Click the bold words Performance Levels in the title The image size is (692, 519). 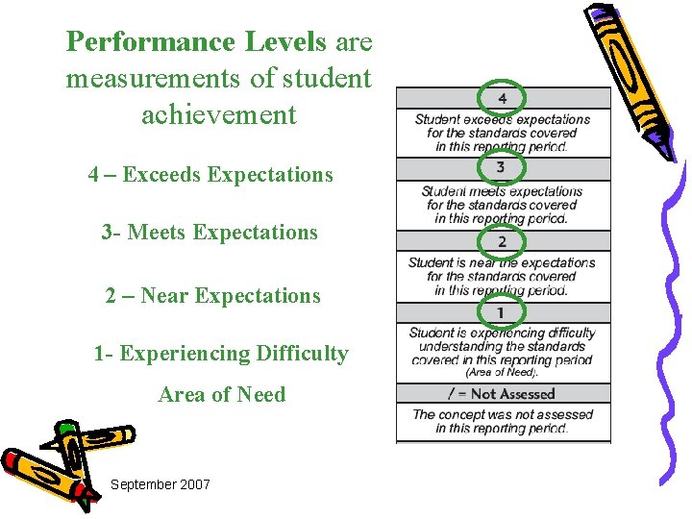click(x=198, y=42)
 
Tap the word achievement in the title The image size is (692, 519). click(x=219, y=115)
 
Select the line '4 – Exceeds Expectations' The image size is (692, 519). click(x=210, y=175)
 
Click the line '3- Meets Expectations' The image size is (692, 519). click(x=210, y=233)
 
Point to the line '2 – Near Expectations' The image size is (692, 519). click(x=212, y=296)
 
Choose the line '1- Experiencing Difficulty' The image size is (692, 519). click(x=221, y=354)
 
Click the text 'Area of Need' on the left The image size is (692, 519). click(x=222, y=395)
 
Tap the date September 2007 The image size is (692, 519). click(x=160, y=484)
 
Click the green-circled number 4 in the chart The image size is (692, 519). click(x=503, y=98)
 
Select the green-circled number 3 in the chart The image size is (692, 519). click(x=501, y=168)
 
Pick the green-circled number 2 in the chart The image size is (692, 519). click(x=502, y=241)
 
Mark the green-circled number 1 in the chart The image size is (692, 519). click(x=500, y=312)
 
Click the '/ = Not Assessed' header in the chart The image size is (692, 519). click(x=502, y=394)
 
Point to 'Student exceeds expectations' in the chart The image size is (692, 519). click(x=503, y=119)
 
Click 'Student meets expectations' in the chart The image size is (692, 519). click(x=503, y=191)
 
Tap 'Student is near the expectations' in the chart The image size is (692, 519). click(x=502, y=262)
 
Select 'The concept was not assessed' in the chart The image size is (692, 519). click(x=503, y=414)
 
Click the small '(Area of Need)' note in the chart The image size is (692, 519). click(x=502, y=372)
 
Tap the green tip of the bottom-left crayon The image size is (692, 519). click(x=66, y=429)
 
